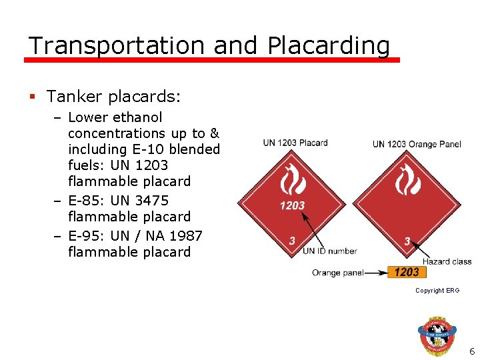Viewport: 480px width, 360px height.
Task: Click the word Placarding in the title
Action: click(x=328, y=46)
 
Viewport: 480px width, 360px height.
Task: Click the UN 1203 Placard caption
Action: click(x=295, y=143)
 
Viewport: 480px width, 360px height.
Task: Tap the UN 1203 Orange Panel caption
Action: click(x=416, y=143)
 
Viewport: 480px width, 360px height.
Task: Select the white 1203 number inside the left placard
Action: click(x=292, y=206)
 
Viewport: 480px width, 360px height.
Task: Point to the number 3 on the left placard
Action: click(x=291, y=241)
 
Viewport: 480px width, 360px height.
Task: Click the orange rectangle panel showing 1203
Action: click(x=406, y=272)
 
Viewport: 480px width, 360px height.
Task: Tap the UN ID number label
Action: click(x=329, y=251)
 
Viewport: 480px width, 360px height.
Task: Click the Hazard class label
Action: click(x=447, y=261)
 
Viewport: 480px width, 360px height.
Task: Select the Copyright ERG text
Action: click(x=437, y=291)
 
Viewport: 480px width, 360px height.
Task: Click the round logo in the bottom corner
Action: click(x=438, y=333)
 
